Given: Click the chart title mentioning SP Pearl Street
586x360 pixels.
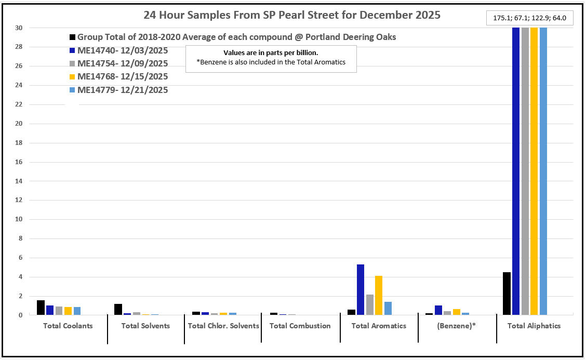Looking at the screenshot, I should click(292, 15).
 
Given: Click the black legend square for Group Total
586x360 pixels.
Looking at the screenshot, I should click(73, 37).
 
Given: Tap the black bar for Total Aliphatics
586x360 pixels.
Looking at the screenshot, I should click(507, 294).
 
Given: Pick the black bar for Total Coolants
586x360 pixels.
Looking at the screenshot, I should click(41, 308).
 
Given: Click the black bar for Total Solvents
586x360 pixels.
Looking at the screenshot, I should click(118, 309).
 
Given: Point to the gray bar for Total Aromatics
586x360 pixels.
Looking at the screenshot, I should click(370, 304).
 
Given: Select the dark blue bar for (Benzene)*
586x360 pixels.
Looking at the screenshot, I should click(438, 310).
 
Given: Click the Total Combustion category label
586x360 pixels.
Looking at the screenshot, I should click(300, 326).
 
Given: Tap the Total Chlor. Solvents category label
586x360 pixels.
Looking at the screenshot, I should click(223, 326).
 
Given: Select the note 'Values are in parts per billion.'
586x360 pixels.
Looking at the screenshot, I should click(271, 53).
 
